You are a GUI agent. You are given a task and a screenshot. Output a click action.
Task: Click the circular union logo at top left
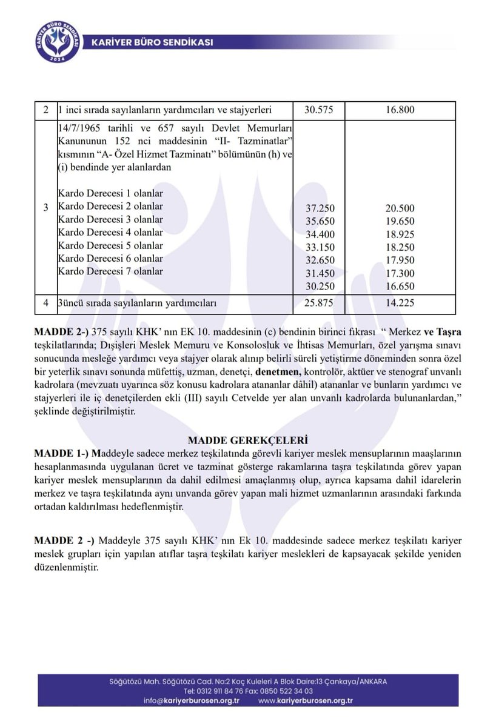(x=58, y=43)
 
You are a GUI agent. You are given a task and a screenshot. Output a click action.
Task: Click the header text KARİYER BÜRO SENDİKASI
(x=152, y=42)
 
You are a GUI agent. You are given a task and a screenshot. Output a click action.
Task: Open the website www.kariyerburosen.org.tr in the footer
(x=306, y=701)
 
